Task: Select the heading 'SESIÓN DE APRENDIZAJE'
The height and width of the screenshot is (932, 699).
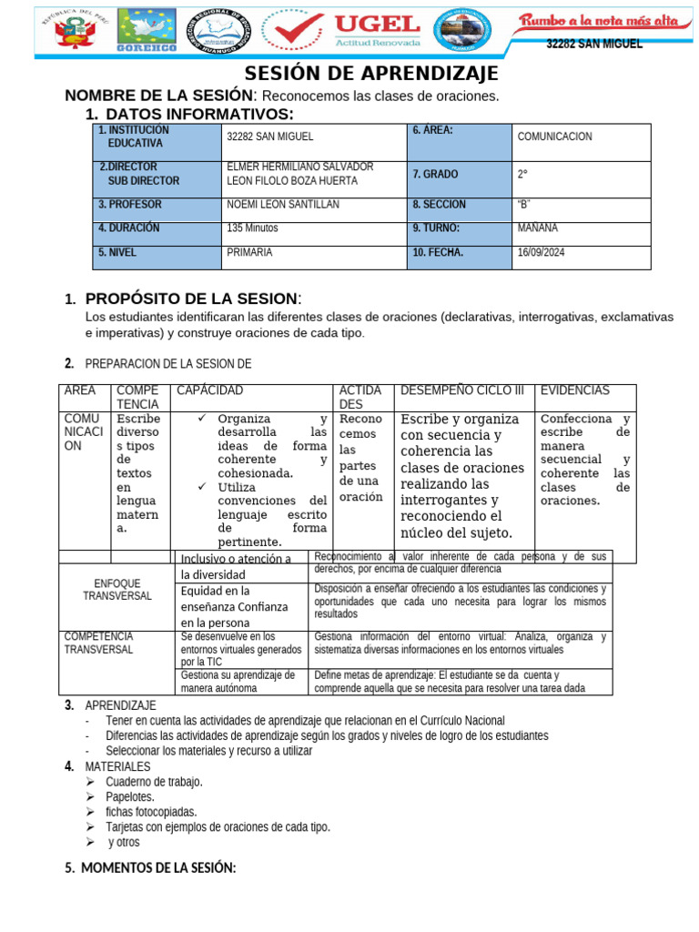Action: coord(372,74)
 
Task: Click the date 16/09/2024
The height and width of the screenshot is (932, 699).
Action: coord(542,253)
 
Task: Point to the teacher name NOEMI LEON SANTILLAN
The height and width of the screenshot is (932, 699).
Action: coord(282,205)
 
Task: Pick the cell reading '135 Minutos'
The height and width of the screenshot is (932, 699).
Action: coord(253,228)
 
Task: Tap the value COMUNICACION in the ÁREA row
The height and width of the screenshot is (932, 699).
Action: coord(554,137)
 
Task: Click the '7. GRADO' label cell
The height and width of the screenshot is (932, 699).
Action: coord(436,174)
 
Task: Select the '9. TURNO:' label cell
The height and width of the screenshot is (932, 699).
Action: coord(436,228)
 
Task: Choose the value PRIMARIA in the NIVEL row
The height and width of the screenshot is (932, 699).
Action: coord(249,253)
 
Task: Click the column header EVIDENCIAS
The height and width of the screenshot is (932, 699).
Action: coord(575,390)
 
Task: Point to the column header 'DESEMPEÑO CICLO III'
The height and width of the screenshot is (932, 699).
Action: coord(462,390)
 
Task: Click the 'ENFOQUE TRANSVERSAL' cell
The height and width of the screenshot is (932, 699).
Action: coord(116,589)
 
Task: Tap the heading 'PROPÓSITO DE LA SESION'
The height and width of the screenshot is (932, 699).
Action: coord(191,299)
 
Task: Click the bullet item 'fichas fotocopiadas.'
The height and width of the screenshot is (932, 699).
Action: coord(151,812)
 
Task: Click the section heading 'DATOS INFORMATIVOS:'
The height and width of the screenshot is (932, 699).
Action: coord(199,114)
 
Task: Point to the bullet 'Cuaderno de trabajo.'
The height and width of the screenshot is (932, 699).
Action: coord(154,782)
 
